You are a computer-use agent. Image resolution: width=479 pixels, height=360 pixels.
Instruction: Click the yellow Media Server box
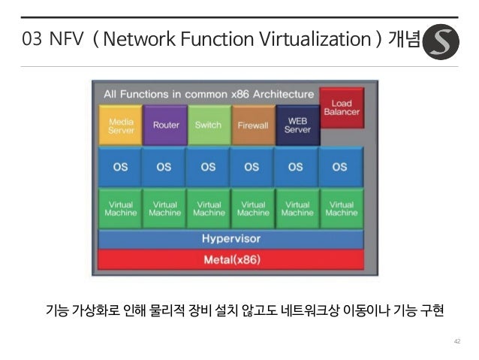pos(121,125)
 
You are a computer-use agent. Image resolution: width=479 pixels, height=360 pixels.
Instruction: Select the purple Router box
pos(165,125)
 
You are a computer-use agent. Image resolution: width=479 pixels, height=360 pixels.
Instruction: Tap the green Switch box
pos(208,125)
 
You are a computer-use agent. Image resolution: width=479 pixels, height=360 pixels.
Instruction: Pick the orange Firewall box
pos(253,125)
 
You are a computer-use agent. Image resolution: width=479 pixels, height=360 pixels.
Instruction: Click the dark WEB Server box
pos(297,125)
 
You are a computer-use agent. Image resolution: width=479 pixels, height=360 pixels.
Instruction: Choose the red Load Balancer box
pos(341,108)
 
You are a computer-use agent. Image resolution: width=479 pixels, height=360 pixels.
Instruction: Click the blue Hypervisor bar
pos(231,239)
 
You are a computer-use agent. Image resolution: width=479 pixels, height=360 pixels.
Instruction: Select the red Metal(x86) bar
pos(231,259)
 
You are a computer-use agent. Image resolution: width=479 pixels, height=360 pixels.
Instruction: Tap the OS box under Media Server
pos(121,167)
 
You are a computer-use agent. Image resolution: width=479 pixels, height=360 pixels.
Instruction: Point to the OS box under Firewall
pos(252,167)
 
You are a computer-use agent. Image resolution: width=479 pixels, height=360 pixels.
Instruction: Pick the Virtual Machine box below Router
pos(165,208)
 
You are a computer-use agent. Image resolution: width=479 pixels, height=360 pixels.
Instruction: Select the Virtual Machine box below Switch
pos(209,208)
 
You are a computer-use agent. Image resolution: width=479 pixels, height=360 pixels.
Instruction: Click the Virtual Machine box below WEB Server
pos(297,208)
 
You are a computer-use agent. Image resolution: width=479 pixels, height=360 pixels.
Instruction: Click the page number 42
pos(456,341)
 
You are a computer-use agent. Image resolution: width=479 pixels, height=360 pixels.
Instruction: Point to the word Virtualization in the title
pos(320,40)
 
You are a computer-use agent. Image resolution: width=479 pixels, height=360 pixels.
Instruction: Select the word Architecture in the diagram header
pos(283,95)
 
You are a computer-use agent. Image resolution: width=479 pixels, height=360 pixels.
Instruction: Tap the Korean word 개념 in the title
pos(403,40)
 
